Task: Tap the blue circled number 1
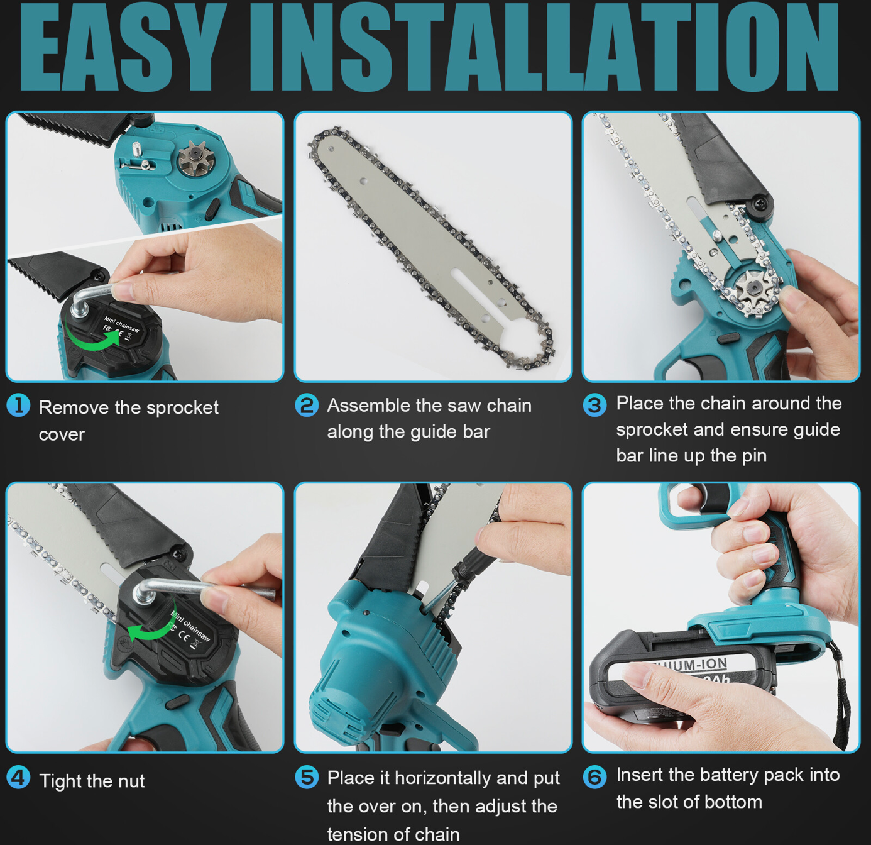(x=18, y=406)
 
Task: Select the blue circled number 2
(x=307, y=406)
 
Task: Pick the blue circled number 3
(x=594, y=405)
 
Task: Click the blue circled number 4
(x=18, y=778)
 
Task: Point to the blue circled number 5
(x=307, y=777)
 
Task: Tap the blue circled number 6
(x=594, y=777)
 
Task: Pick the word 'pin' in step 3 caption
(x=754, y=456)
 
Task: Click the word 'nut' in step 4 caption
(x=131, y=781)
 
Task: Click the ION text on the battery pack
(x=711, y=664)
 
